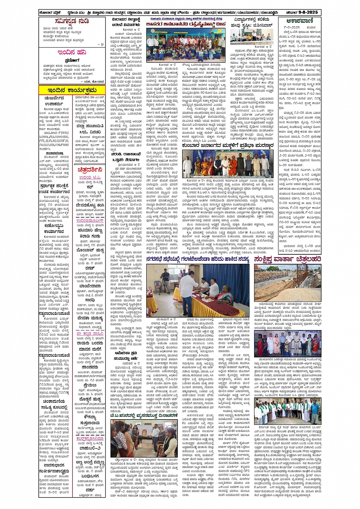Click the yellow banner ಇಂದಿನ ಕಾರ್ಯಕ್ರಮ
[x=72, y=90]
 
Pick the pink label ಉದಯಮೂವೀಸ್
[x=90, y=220]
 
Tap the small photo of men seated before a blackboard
[x=251, y=38]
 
